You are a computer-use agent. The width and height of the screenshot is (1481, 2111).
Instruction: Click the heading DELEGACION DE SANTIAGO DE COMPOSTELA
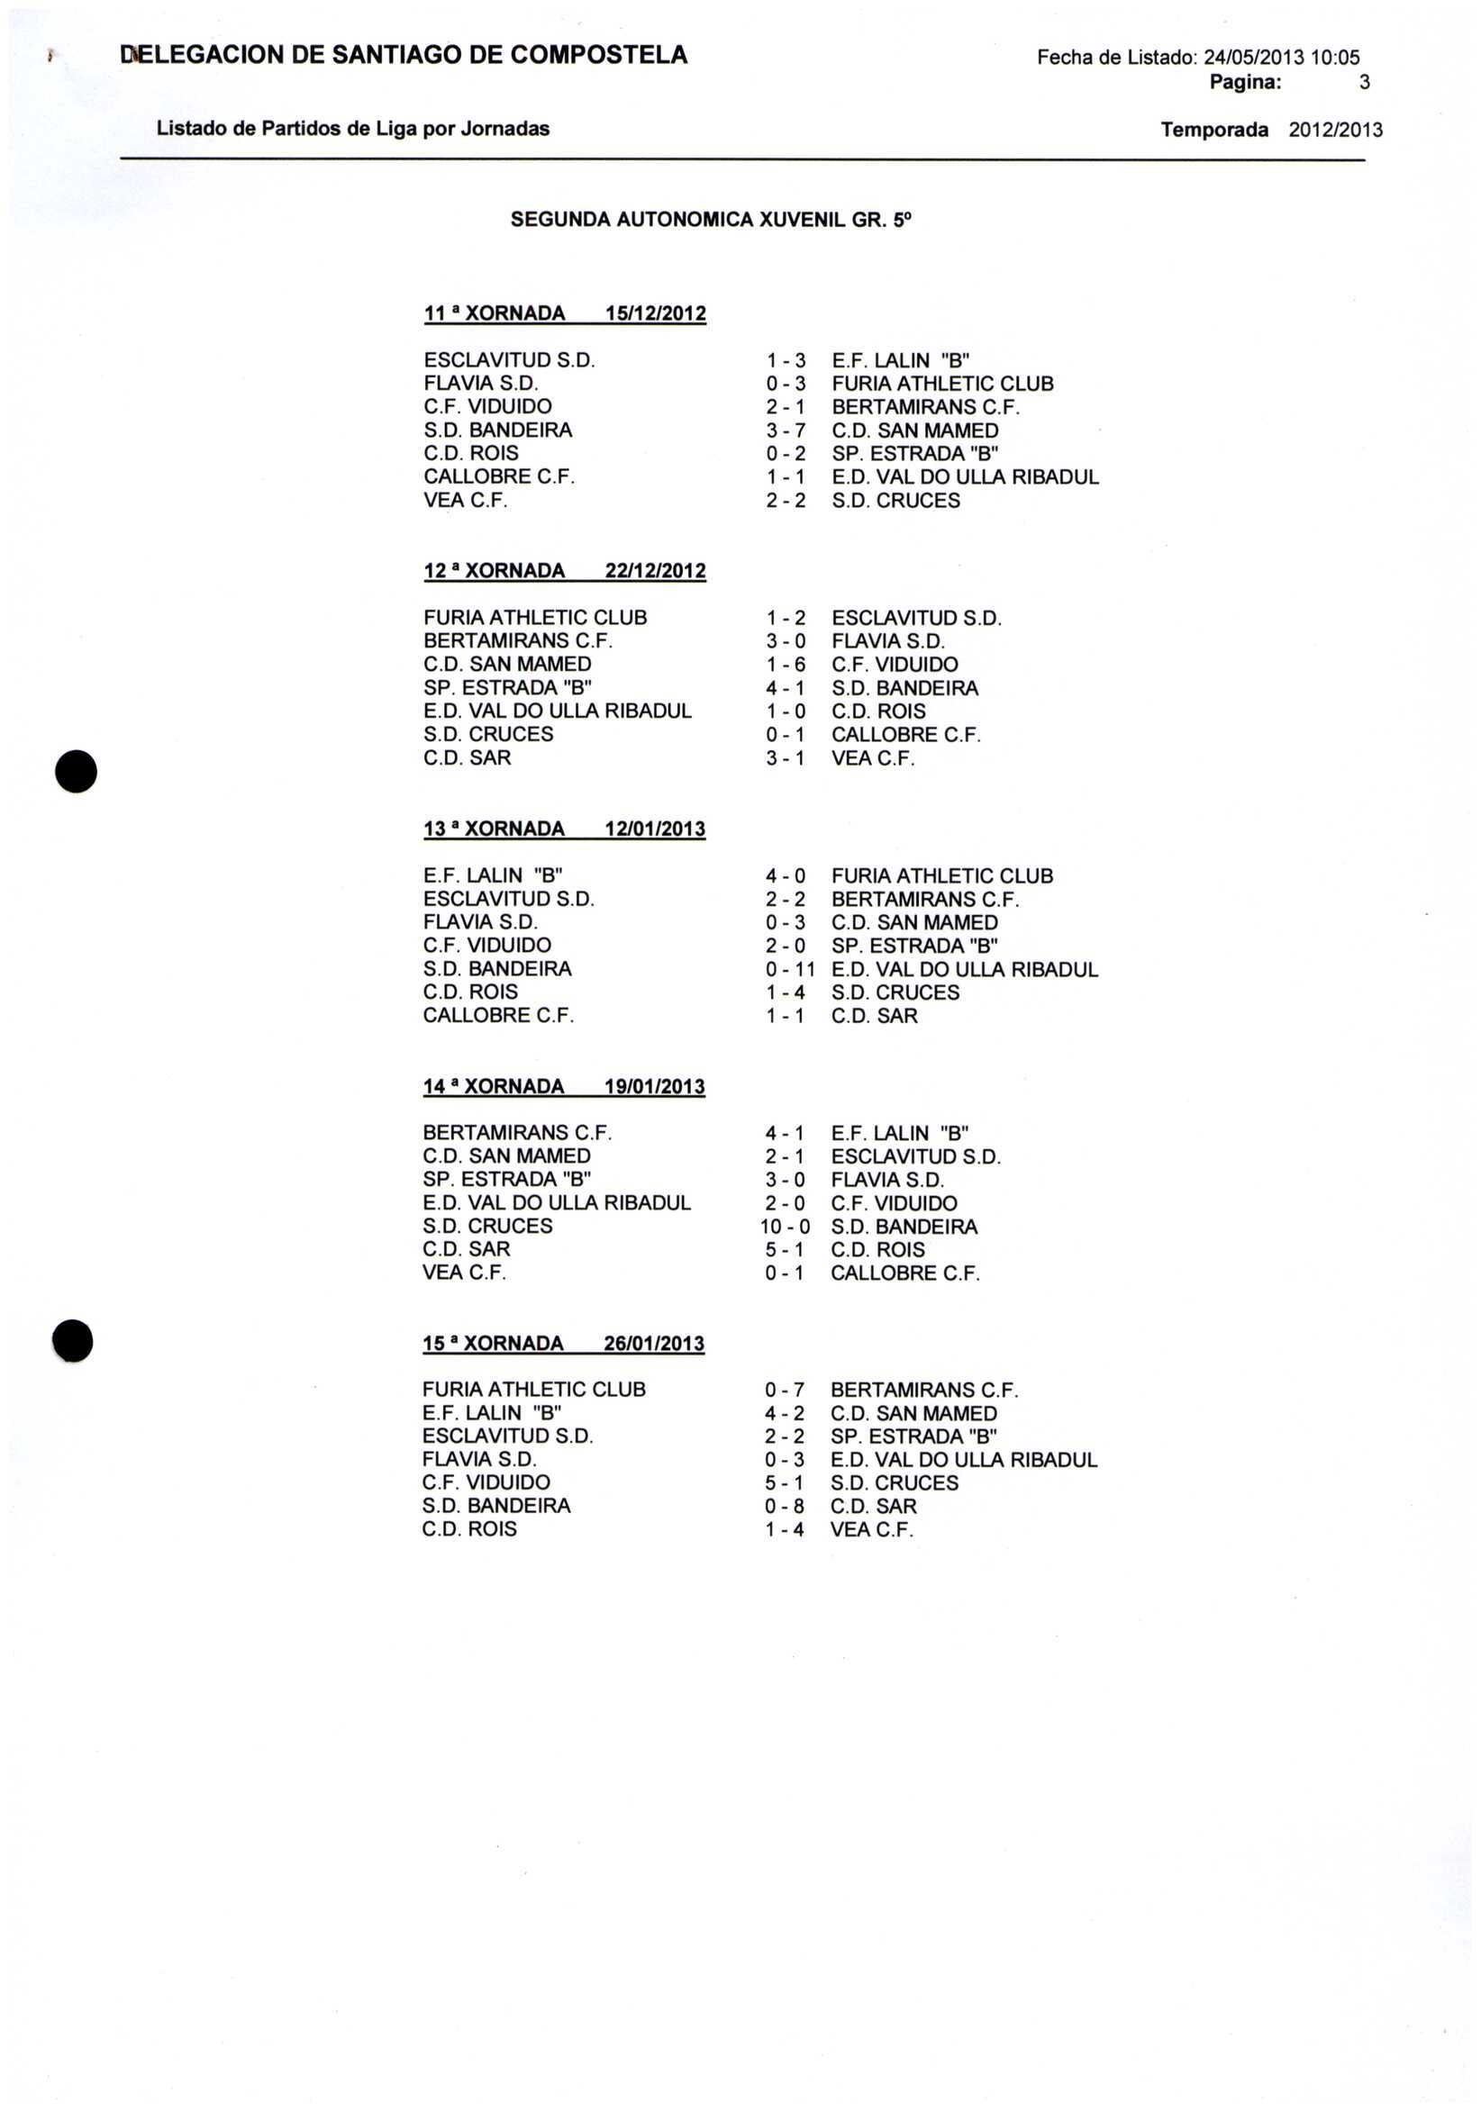point(404,55)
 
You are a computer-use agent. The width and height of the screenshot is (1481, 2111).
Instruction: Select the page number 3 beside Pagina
point(1364,83)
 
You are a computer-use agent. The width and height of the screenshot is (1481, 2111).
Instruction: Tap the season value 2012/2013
point(1335,130)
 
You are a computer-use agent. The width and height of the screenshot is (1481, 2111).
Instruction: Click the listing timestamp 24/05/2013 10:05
point(1281,58)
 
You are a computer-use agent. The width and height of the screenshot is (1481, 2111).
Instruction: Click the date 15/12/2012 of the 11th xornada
point(655,313)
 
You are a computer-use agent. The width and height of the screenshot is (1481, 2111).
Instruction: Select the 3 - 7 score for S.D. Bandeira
point(786,430)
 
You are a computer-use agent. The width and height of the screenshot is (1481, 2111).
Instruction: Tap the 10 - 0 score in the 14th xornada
point(785,1227)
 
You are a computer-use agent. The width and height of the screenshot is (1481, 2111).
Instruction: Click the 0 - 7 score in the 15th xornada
point(785,1390)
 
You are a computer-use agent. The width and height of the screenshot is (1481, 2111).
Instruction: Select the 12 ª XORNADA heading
point(494,571)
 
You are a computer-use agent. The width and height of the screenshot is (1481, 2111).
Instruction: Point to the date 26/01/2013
point(654,1344)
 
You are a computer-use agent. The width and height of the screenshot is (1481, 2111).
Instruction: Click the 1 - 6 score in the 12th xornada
point(786,665)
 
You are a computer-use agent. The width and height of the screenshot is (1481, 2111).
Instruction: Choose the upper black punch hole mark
point(77,771)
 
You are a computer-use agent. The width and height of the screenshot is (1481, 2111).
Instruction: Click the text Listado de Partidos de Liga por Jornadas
point(353,129)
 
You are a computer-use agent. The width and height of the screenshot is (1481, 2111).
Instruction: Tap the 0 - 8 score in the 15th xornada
point(785,1506)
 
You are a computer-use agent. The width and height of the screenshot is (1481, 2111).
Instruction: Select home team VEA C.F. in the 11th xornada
point(466,500)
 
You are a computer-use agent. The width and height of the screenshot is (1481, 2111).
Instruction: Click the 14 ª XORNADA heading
point(493,1087)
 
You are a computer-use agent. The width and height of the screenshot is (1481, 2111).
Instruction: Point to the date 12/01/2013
point(655,829)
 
